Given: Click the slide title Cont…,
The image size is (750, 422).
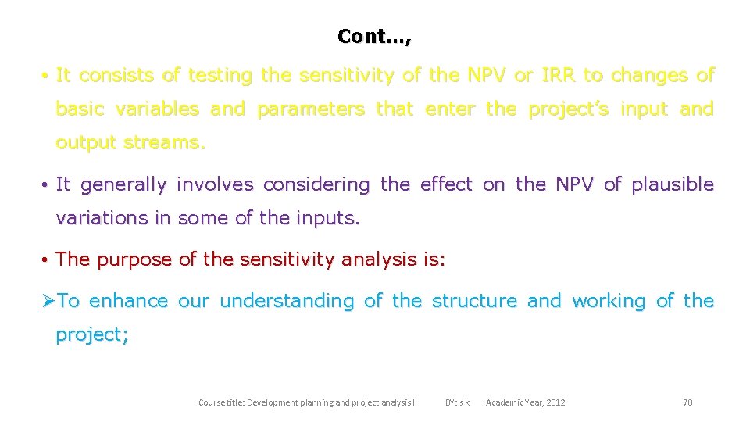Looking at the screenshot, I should point(374,36).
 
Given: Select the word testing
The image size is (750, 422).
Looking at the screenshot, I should point(221,76).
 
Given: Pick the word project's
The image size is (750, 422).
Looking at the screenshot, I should point(568,109).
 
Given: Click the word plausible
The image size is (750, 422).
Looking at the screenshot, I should point(673,184).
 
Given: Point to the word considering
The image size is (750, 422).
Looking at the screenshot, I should point(316,184).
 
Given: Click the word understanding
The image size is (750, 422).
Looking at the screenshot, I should point(287,301).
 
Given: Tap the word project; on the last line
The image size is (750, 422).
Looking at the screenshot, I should point(92,334).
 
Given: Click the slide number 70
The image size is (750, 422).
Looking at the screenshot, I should point(687,402).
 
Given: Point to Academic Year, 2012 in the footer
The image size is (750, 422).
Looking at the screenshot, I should point(525,402).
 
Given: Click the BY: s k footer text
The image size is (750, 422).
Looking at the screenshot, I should point(457,402).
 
